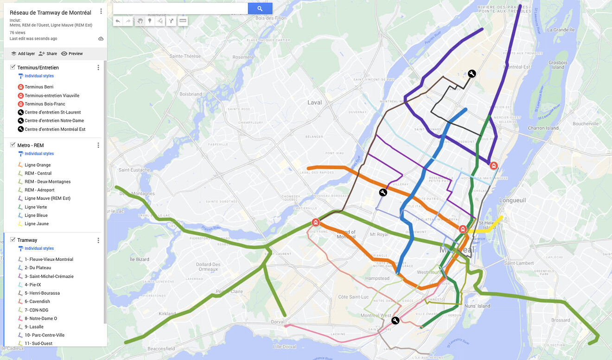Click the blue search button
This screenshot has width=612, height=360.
point(260,8)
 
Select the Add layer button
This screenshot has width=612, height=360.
point(23,54)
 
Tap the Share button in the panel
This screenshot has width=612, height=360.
point(48,54)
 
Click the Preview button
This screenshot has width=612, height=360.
point(72,54)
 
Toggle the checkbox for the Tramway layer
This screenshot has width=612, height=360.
point(13,240)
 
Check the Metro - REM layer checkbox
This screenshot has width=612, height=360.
point(13,145)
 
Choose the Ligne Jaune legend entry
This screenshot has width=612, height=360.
point(36,224)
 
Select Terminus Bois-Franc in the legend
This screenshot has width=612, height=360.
point(45,104)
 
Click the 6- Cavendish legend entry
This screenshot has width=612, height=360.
point(37,302)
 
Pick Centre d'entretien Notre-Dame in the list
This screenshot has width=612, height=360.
point(55,120)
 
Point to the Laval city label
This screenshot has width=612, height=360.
point(314,102)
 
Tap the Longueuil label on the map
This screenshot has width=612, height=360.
point(512,200)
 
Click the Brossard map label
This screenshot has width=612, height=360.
point(561,320)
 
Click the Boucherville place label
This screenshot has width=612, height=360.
point(586,124)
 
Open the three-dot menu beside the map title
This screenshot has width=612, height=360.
point(101,12)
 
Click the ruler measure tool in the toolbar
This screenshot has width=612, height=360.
point(183,21)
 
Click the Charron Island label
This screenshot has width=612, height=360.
point(543,128)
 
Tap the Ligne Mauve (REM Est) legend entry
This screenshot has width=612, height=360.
point(47,198)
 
